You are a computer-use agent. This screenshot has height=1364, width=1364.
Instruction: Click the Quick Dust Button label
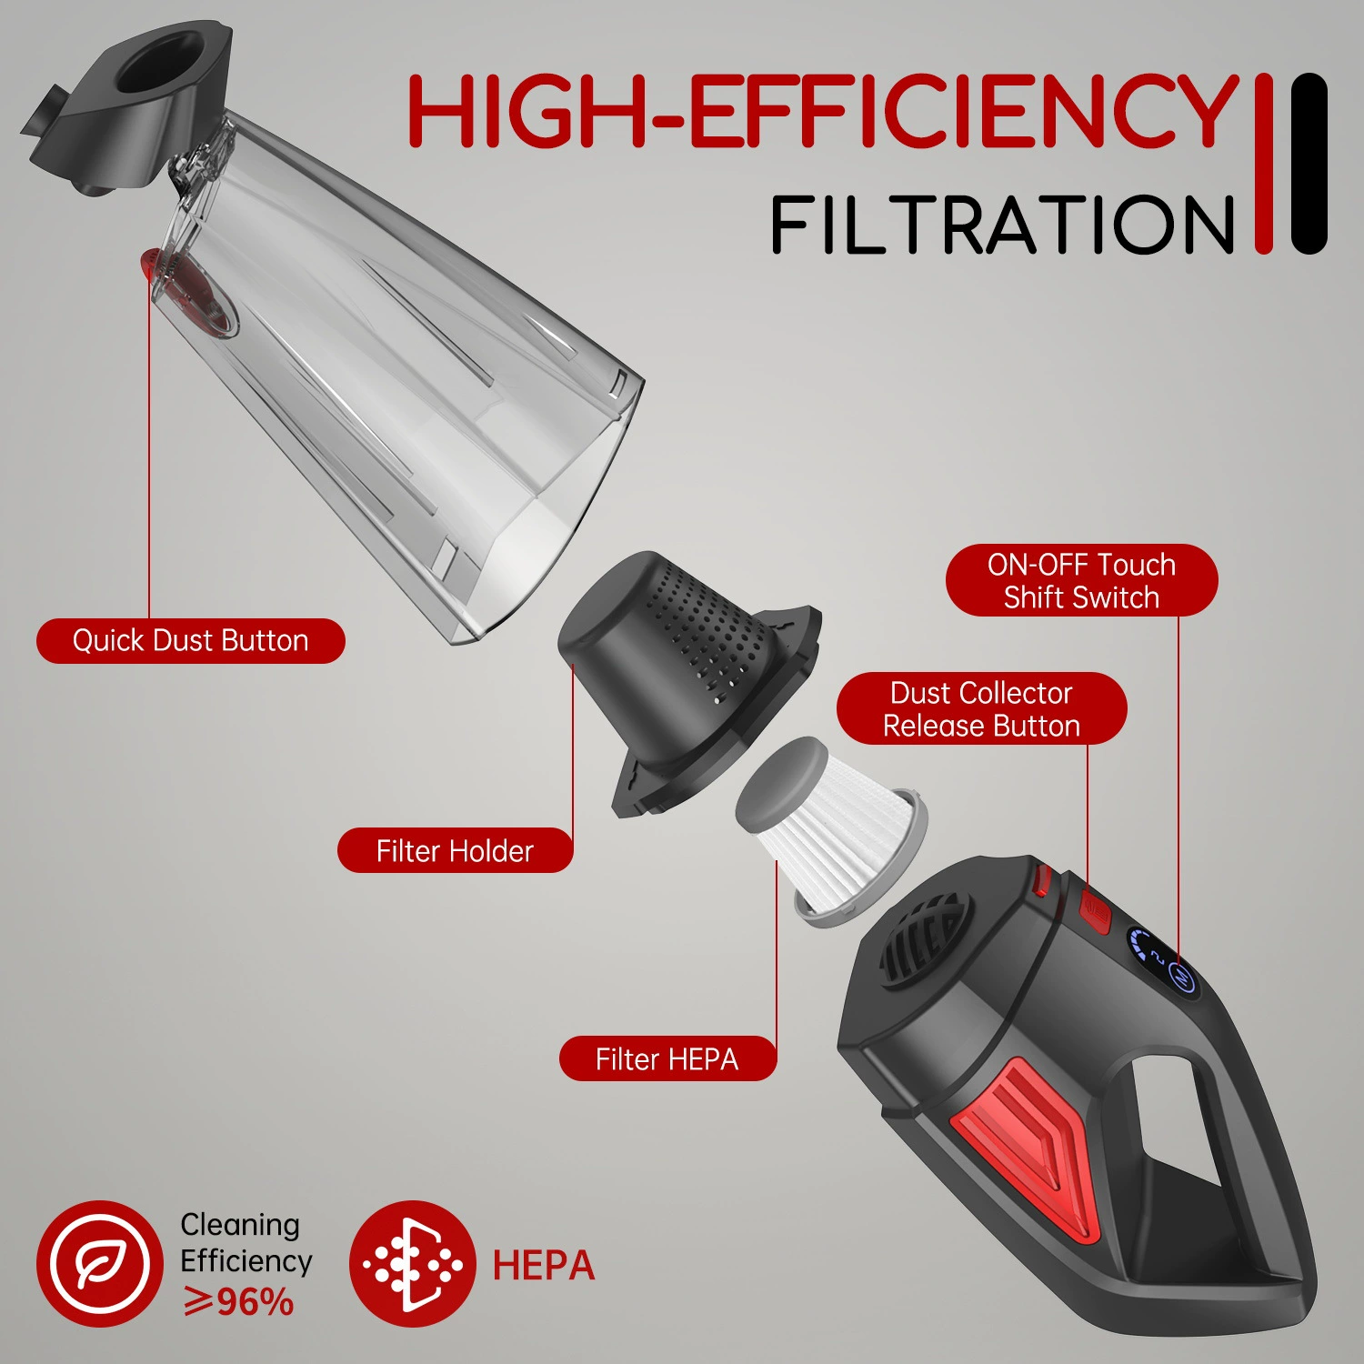tap(191, 641)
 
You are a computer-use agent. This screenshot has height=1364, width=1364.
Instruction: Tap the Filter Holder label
tap(455, 851)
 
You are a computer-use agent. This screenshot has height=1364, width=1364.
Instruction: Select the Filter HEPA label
tap(667, 1059)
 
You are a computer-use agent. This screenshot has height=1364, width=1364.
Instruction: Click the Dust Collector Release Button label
tap(981, 709)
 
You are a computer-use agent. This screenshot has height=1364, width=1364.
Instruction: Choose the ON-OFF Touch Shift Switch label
tap(1081, 581)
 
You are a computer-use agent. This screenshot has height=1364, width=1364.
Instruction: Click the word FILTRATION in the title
tap(1003, 225)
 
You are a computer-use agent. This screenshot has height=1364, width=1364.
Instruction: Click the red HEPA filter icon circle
tap(413, 1264)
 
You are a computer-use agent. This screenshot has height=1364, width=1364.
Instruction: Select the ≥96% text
tap(238, 1302)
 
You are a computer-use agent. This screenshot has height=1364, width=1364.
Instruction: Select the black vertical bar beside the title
tap(1309, 163)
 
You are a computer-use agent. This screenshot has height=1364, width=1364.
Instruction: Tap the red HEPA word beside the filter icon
tap(544, 1266)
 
